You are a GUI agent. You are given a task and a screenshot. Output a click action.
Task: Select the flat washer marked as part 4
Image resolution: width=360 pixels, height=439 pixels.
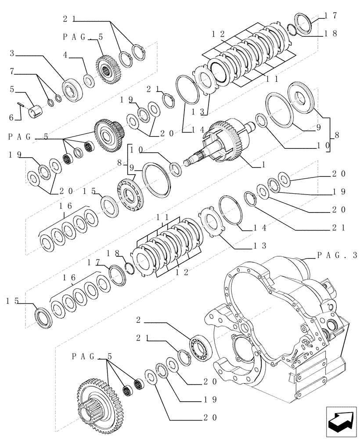88,81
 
